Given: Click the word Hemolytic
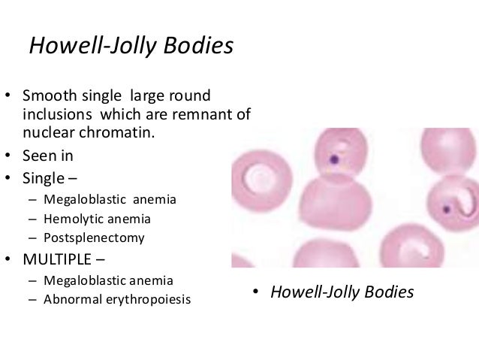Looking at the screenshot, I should tap(74, 219).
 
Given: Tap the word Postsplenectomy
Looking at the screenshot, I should tap(94, 238).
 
